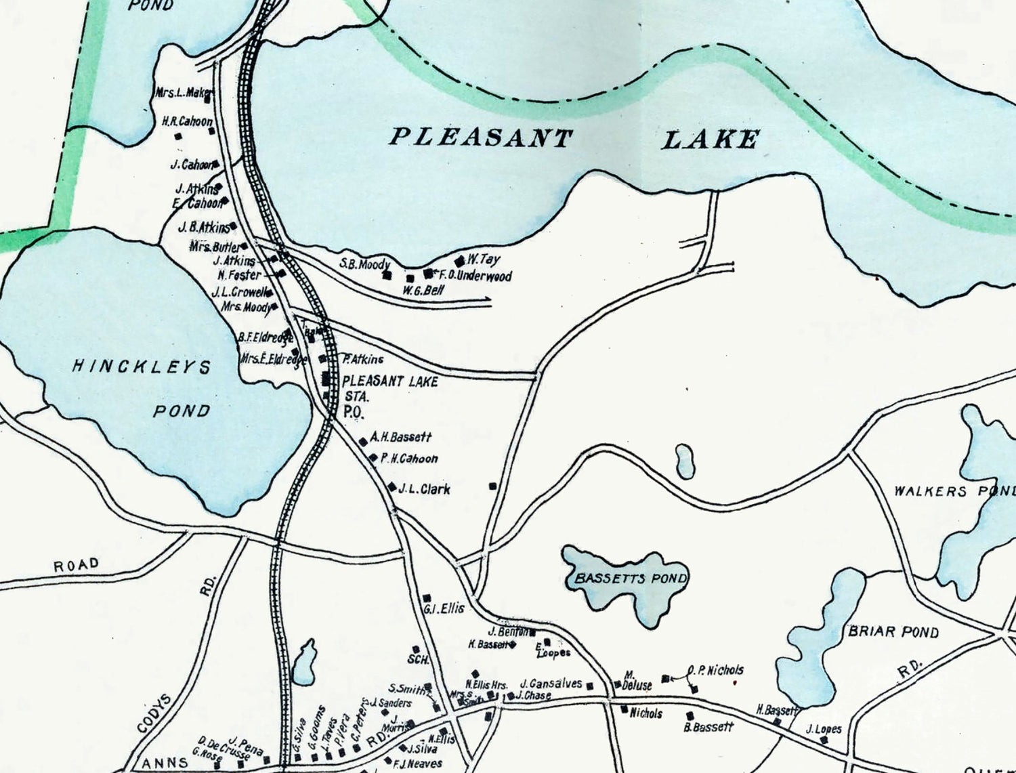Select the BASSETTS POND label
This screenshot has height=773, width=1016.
click(x=630, y=579)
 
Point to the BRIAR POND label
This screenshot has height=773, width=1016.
click(x=893, y=632)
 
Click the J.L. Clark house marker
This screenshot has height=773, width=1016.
click(x=392, y=486)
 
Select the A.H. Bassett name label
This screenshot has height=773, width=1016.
click(x=400, y=438)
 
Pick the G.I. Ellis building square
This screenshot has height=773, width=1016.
click(x=427, y=598)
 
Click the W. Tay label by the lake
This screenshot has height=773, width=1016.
click(x=483, y=259)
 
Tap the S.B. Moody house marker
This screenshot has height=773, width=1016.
click(x=387, y=275)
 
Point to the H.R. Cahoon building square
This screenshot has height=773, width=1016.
click(x=179, y=135)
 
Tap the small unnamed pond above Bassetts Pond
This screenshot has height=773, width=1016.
click(x=685, y=461)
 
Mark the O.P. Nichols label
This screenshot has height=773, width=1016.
click(x=715, y=670)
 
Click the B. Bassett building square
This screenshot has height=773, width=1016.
click(x=690, y=715)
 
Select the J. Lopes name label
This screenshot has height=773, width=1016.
click(x=824, y=729)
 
